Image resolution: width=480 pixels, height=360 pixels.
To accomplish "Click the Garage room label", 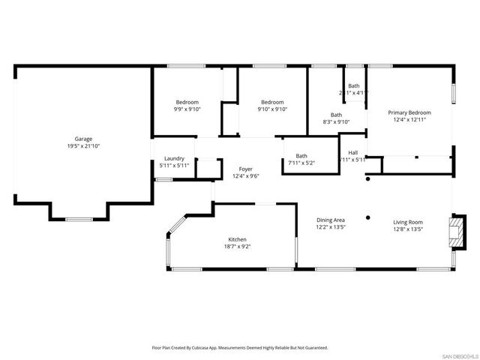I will click(x=82, y=139).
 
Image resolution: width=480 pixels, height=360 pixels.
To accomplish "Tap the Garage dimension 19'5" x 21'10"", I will click(x=82, y=145).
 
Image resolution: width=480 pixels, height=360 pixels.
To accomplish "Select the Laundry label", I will click(x=174, y=158).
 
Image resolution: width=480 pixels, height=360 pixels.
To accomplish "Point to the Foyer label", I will click(x=245, y=169).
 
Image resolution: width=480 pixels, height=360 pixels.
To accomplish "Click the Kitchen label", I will click(x=237, y=240).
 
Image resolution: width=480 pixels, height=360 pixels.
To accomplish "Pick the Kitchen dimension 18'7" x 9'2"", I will click(x=237, y=247).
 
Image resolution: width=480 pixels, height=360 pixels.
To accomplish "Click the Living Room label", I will click(x=409, y=222).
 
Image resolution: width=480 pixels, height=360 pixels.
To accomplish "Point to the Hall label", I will click(x=352, y=152).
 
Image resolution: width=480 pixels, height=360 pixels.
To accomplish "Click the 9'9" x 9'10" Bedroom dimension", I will click(x=187, y=109).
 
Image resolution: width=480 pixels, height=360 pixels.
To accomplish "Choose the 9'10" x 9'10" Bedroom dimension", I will click(x=272, y=109).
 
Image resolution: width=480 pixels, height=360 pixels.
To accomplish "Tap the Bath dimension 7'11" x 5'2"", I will click(x=301, y=163).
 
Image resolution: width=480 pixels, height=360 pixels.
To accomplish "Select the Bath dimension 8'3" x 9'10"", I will click(x=337, y=121).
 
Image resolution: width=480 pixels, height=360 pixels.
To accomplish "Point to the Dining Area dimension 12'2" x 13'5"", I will click(x=329, y=227).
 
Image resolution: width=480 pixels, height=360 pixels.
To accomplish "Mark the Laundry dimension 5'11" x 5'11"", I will click(x=174, y=165).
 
